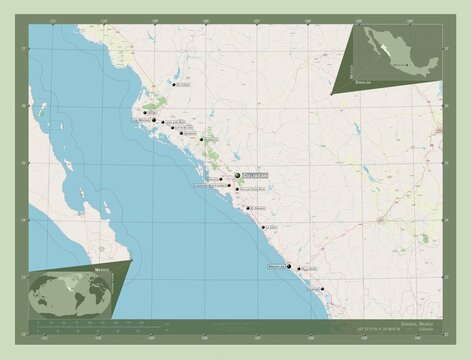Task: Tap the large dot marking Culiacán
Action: click(238, 176)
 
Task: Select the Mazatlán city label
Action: click(275, 267)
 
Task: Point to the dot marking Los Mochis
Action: click(146, 114)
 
